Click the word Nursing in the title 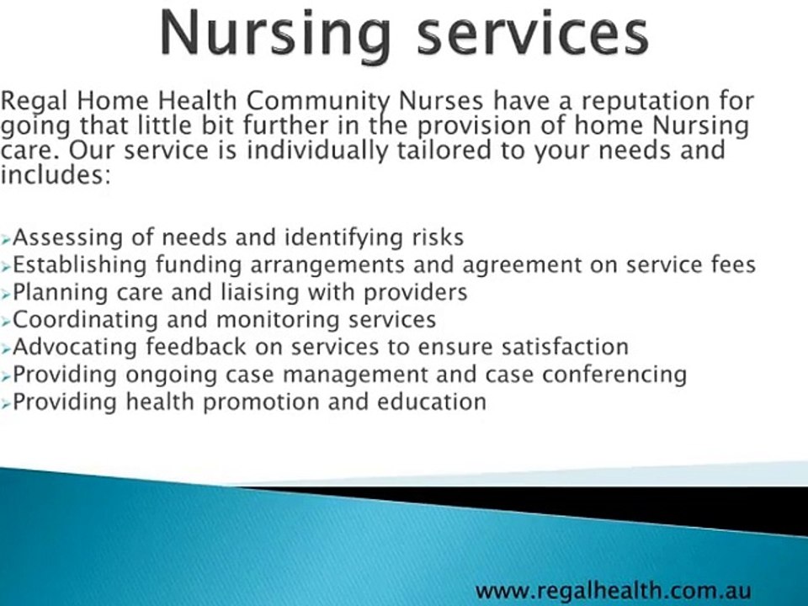pyautogui.click(x=274, y=34)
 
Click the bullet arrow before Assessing pyautogui.click(x=7, y=239)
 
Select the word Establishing pyautogui.click(x=80, y=265)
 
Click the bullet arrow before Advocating pyautogui.click(x=7, y=347)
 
